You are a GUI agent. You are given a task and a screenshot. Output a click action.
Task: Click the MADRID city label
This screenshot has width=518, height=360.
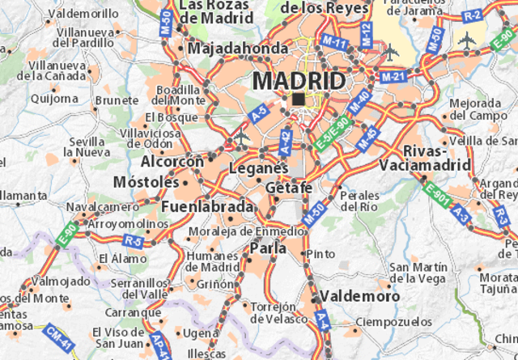(299, 81)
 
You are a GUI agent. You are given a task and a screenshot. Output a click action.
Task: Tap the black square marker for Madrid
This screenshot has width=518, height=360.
(299, 100)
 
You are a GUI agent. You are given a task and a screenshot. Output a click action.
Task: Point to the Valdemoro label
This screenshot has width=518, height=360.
(359, 296)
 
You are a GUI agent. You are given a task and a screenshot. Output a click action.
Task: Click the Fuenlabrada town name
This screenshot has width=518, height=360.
(208, 207)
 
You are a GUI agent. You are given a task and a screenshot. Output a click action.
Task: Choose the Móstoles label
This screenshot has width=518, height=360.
(146, 182)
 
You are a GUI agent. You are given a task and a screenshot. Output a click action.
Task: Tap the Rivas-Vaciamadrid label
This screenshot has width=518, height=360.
(436, 158)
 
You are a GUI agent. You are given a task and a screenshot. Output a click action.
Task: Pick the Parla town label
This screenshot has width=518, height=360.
(268, 249)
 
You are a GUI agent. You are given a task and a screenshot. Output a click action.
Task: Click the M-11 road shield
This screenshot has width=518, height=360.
(333, 42)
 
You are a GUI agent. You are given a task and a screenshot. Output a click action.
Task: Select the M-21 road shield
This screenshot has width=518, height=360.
(392, 76)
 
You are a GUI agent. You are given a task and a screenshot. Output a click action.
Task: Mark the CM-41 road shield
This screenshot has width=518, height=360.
(57, 332)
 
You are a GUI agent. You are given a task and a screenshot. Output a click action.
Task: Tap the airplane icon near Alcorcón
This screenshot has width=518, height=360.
(240, 138)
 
